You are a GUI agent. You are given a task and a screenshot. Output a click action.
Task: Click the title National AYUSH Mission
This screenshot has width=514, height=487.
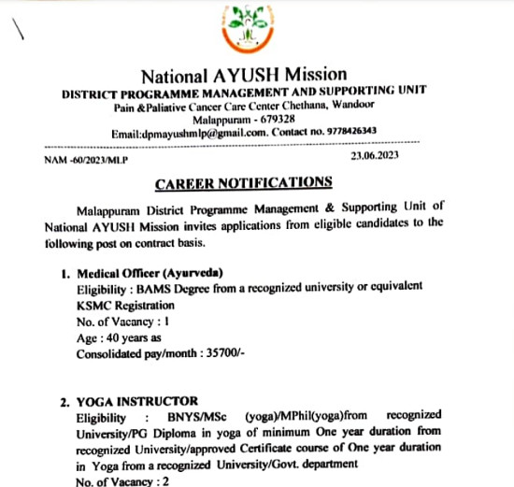[x=243, y=75]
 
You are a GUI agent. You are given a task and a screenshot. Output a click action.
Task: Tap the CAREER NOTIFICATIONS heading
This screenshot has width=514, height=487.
[x=243, y=181]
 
